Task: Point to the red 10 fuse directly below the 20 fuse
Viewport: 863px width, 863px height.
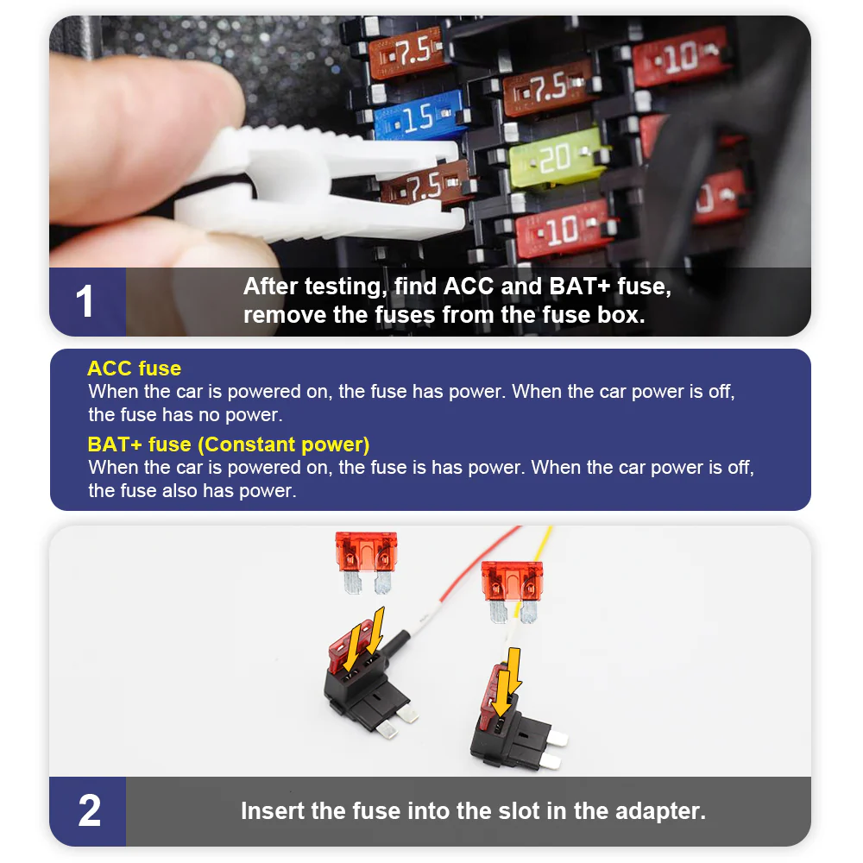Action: pyautogui.click(x=566, y=229)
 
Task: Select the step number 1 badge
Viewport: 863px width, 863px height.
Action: pyautogui.click(x=86, y=301)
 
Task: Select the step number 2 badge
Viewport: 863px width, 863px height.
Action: pyautogui.click(x=88, y=811)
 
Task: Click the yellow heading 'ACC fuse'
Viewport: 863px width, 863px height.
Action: pyautogui.click(x=134, y=369)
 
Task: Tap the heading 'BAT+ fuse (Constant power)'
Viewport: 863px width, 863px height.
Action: pyautogui.click(x=228, y=444)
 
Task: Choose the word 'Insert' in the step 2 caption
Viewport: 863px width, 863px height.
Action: pyautogui.click(x=272, y=811)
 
